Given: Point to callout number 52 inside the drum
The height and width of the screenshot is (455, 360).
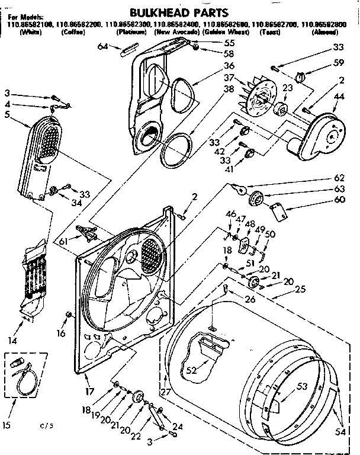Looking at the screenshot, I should click(191, 370).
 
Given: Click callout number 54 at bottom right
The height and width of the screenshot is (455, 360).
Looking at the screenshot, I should click(341, 432).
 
